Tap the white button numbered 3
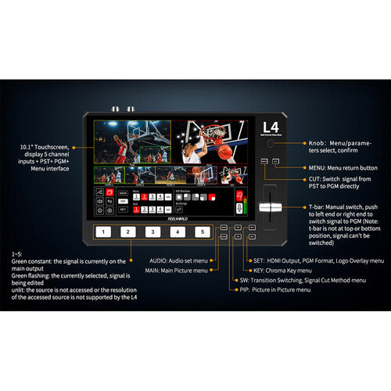pyautogui.click(x=152, y=231)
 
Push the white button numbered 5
pyautogui.click(x=203, y=231)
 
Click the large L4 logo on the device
pyautogui.click(x=269, y=125)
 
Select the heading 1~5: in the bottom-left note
pyautogui.click(x=16, y=255)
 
